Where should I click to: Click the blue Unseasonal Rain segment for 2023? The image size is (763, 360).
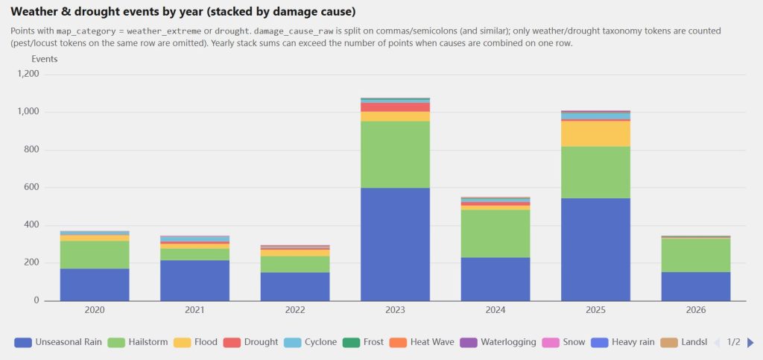coord(395,244)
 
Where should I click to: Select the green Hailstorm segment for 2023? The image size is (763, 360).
coord(395,154)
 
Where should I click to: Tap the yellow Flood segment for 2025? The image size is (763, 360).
coord(595,133)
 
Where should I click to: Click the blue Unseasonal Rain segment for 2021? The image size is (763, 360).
coord(194,280)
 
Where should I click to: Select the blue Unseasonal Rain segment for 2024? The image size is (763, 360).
coord(495,279)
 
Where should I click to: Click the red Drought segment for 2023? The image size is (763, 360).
coord(395,107)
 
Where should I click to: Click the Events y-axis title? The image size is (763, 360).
coord(44,58)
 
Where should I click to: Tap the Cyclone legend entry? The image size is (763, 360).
coord(309,342)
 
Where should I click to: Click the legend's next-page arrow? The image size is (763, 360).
coord(750,342)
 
